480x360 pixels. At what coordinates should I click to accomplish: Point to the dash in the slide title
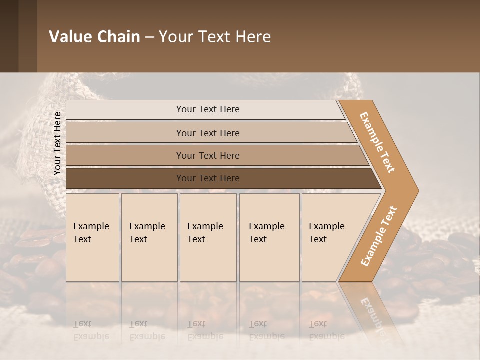click(x=149, y=37)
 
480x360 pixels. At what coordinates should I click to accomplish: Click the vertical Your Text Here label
click(x=57, y=143)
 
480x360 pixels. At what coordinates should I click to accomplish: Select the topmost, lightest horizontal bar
click(x=205, y=109)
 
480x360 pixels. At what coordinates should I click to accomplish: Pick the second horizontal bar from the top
click(x=208, y=133)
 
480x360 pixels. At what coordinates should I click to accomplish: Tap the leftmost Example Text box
click(x=92, y=237)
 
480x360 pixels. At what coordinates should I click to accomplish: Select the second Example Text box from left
click(x=149, y=237)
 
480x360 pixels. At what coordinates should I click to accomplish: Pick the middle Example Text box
click(x=208, y=237)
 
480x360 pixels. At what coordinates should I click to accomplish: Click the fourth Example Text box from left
click(x=269, y=237)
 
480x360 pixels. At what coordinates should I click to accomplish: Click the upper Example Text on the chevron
click(x=377, y=142)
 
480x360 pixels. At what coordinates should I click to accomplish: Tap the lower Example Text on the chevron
click(x=378, y=236)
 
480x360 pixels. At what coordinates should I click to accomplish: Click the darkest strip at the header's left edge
click(x=9, y=36)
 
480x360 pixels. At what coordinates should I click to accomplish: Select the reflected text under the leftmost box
click(x=91, y=330)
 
